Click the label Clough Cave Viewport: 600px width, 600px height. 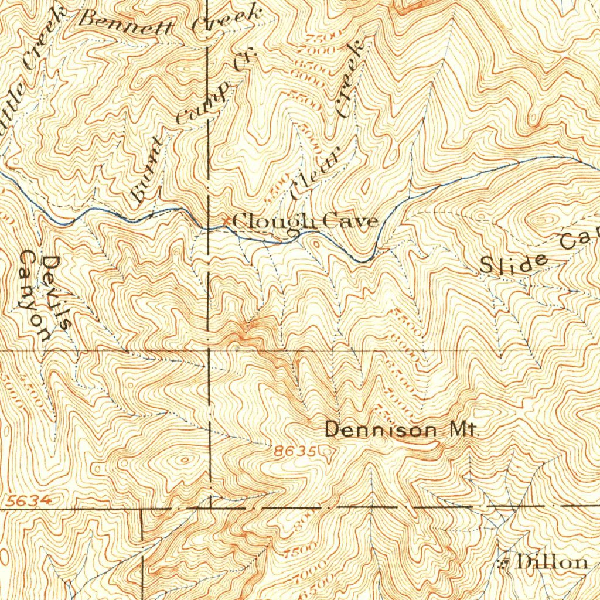click(305, 222)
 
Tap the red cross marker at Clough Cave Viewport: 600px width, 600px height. click(227, 221)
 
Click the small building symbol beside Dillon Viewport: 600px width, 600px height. click(502, 563)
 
